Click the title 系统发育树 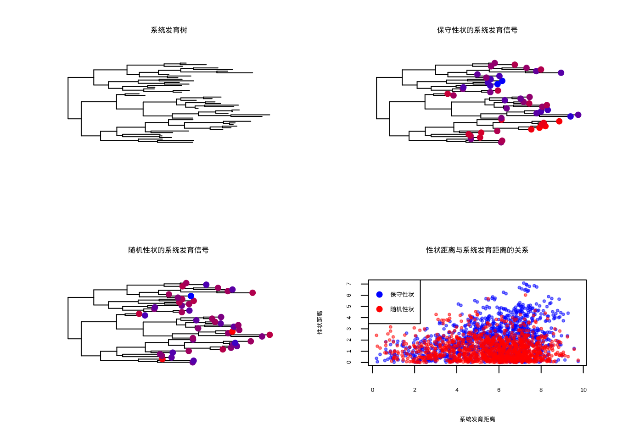point(169,30)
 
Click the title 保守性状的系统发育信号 point(477,30)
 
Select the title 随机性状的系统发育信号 point(168,250)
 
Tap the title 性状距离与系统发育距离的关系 point(477,250)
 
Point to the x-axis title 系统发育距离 point(477,419)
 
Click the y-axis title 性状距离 point(320,322)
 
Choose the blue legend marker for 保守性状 point(379,295)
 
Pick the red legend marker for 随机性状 point(379,309)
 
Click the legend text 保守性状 point(402,295)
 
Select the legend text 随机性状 point(402,309)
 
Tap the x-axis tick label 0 point(372,390)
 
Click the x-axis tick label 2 point(415,390)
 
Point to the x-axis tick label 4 point(457,390)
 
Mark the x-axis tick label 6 point(499,390)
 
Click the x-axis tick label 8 point(541,390)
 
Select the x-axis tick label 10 point(583,390)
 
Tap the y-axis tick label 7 point(349,284)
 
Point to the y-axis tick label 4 point(349,318)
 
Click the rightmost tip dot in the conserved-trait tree point(578,115)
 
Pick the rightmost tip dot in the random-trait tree point(269,335)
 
